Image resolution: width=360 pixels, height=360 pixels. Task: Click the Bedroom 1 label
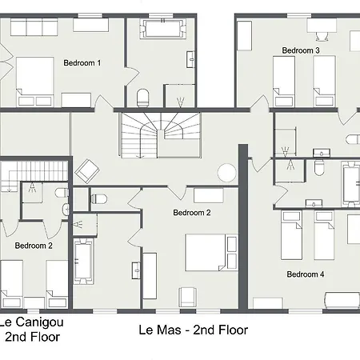tap(82, 63)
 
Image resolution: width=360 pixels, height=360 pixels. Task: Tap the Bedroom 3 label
tap(301, 50)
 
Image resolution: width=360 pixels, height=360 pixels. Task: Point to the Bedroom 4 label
tap(306, 274)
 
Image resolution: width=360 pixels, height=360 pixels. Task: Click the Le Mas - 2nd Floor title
tap(194, 330)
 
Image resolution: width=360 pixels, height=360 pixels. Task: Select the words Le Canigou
tap(31, 322)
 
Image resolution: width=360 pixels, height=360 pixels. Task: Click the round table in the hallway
tap(226, 173)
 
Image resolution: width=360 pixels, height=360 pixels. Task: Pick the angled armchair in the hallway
tap(87, 171)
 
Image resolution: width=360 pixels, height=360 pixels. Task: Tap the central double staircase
tap(161, 135)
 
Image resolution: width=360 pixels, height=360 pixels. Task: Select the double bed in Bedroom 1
tap(34, 82)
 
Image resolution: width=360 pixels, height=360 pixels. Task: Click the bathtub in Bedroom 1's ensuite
tap(162, 29)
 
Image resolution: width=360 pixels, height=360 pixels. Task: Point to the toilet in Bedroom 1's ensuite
tap(142, 98)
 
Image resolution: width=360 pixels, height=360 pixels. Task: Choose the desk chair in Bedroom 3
tap(322, 36)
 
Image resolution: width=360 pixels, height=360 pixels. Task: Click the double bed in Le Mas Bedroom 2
tap(211, 253)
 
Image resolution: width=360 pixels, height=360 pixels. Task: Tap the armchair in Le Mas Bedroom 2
tap(188, 297)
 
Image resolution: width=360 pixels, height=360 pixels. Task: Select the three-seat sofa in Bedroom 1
tap(34, 27)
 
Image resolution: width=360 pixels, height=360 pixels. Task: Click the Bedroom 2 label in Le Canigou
tap(34, 246)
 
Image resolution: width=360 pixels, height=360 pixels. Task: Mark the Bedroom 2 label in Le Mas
tap(192, 213)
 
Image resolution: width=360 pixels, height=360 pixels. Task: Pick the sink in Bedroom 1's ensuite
tap(190, 59)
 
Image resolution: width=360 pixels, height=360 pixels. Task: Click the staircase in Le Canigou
tap(34, 176)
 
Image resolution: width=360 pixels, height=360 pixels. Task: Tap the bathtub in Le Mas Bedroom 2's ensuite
tap(83, 262)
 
